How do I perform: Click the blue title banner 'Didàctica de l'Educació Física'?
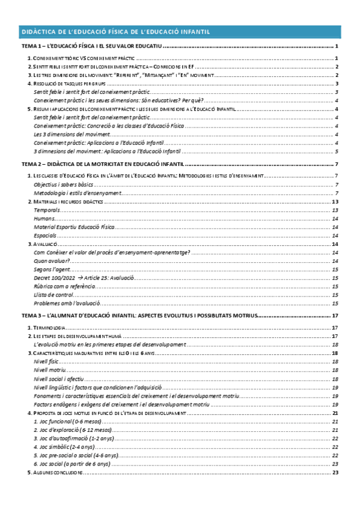(x=180, y=31)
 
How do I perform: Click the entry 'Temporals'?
(x=47, y=210)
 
